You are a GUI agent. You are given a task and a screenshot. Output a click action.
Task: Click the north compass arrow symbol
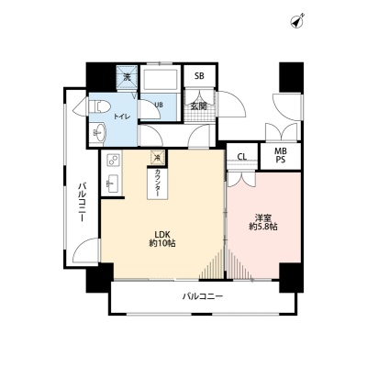coord(296,21)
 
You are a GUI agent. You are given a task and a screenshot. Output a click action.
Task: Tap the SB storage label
coord(199,76)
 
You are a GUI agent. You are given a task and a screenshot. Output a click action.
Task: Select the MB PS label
coord(281,155)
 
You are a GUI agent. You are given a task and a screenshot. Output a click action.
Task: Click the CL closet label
coord(242,157)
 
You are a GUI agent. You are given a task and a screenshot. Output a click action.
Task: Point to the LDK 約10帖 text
coord(162,239)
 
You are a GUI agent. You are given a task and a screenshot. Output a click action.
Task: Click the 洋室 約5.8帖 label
coord(263,223)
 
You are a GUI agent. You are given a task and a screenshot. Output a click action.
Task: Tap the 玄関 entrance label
coord(198,106)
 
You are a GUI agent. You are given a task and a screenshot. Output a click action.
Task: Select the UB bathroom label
coord(159,105)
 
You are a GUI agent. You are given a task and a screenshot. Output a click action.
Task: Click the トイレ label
coord(122,117)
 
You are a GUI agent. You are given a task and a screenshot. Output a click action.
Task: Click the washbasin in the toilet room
coord(98,132)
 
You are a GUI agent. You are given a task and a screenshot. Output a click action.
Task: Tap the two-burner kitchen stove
coord(113,160)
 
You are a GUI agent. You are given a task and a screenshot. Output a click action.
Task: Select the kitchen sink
coord(113,183)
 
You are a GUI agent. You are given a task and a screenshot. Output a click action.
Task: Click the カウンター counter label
coord(158,183)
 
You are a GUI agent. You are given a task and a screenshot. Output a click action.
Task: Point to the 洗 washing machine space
coord(127,77)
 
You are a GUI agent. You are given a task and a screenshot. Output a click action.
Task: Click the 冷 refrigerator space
coord(158,158)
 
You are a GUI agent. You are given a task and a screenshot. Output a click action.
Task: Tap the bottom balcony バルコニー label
coord(203,296)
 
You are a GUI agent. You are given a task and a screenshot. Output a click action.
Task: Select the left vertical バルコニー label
coord(82,202)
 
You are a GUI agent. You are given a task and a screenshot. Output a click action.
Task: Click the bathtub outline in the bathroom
coord(160,79)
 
